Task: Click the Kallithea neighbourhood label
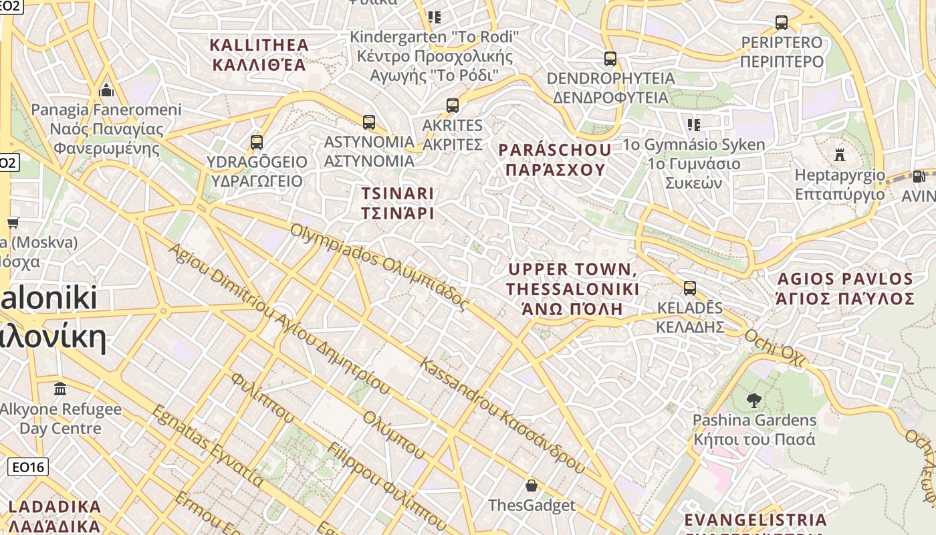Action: (259, 55)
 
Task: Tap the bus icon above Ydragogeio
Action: (256, 142)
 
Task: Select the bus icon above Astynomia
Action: (368, 122)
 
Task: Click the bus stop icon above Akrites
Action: (453, 106)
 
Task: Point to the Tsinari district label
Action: (398, 203)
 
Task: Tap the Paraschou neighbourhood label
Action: (555, 160)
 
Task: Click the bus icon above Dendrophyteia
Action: (610, 59)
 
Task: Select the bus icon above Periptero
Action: (781, 23)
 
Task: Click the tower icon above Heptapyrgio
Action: (840, 155)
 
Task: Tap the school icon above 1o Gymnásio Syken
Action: (693, 124)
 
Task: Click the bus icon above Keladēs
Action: (689, 288)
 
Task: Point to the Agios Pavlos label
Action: (845, 288)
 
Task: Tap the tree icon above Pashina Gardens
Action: (754, 401)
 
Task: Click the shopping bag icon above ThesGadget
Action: (531, 485)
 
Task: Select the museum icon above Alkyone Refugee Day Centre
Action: (60, 389)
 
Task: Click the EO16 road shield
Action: (28, 467)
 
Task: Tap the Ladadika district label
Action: (55, 516)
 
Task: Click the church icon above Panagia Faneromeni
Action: (106, 90)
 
